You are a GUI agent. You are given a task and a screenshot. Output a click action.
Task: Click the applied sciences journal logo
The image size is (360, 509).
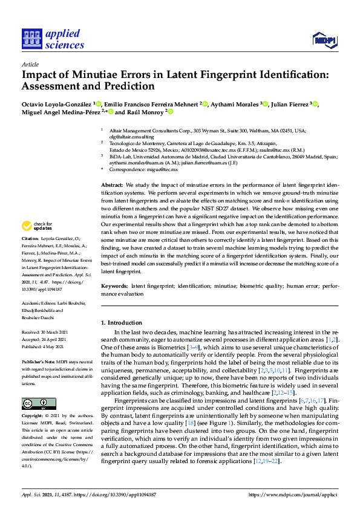tap(53, 39)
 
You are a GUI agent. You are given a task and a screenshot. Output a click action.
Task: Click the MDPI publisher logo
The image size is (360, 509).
tap(324, 40)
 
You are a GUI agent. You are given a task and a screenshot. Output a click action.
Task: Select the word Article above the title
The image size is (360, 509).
tap(30, 63)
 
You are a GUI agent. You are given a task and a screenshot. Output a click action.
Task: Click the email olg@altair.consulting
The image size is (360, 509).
tap(128, 137)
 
